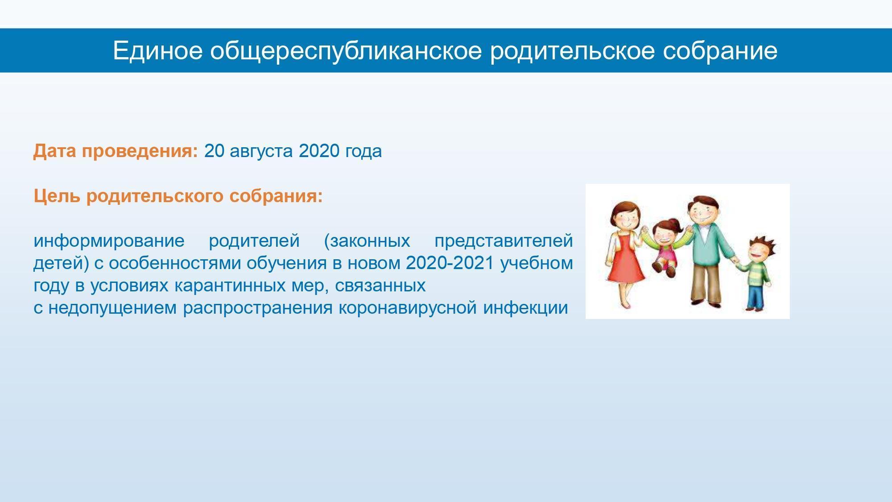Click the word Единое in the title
pyautogui.click(x=158, y=50)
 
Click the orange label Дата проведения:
pyautogui.click(x=116, y=152)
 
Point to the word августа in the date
pyautogui.click(x=261, y=152)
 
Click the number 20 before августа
pyautogui.click(x=214, y=151)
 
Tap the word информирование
pyautogui.click(x=109, y=241)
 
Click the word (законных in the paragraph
pyautogui.click(x=367, y=241)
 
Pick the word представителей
pyautogui.click(x=504, y=241)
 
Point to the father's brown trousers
pyautogui.click(x=706, y=281)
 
